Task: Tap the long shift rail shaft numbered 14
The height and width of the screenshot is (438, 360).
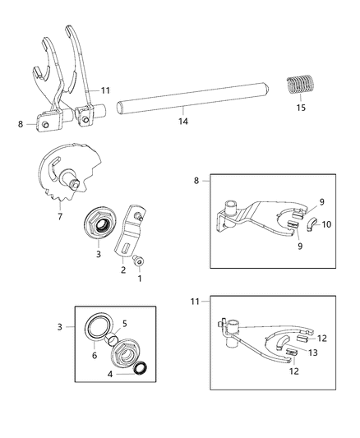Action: (190, 108)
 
